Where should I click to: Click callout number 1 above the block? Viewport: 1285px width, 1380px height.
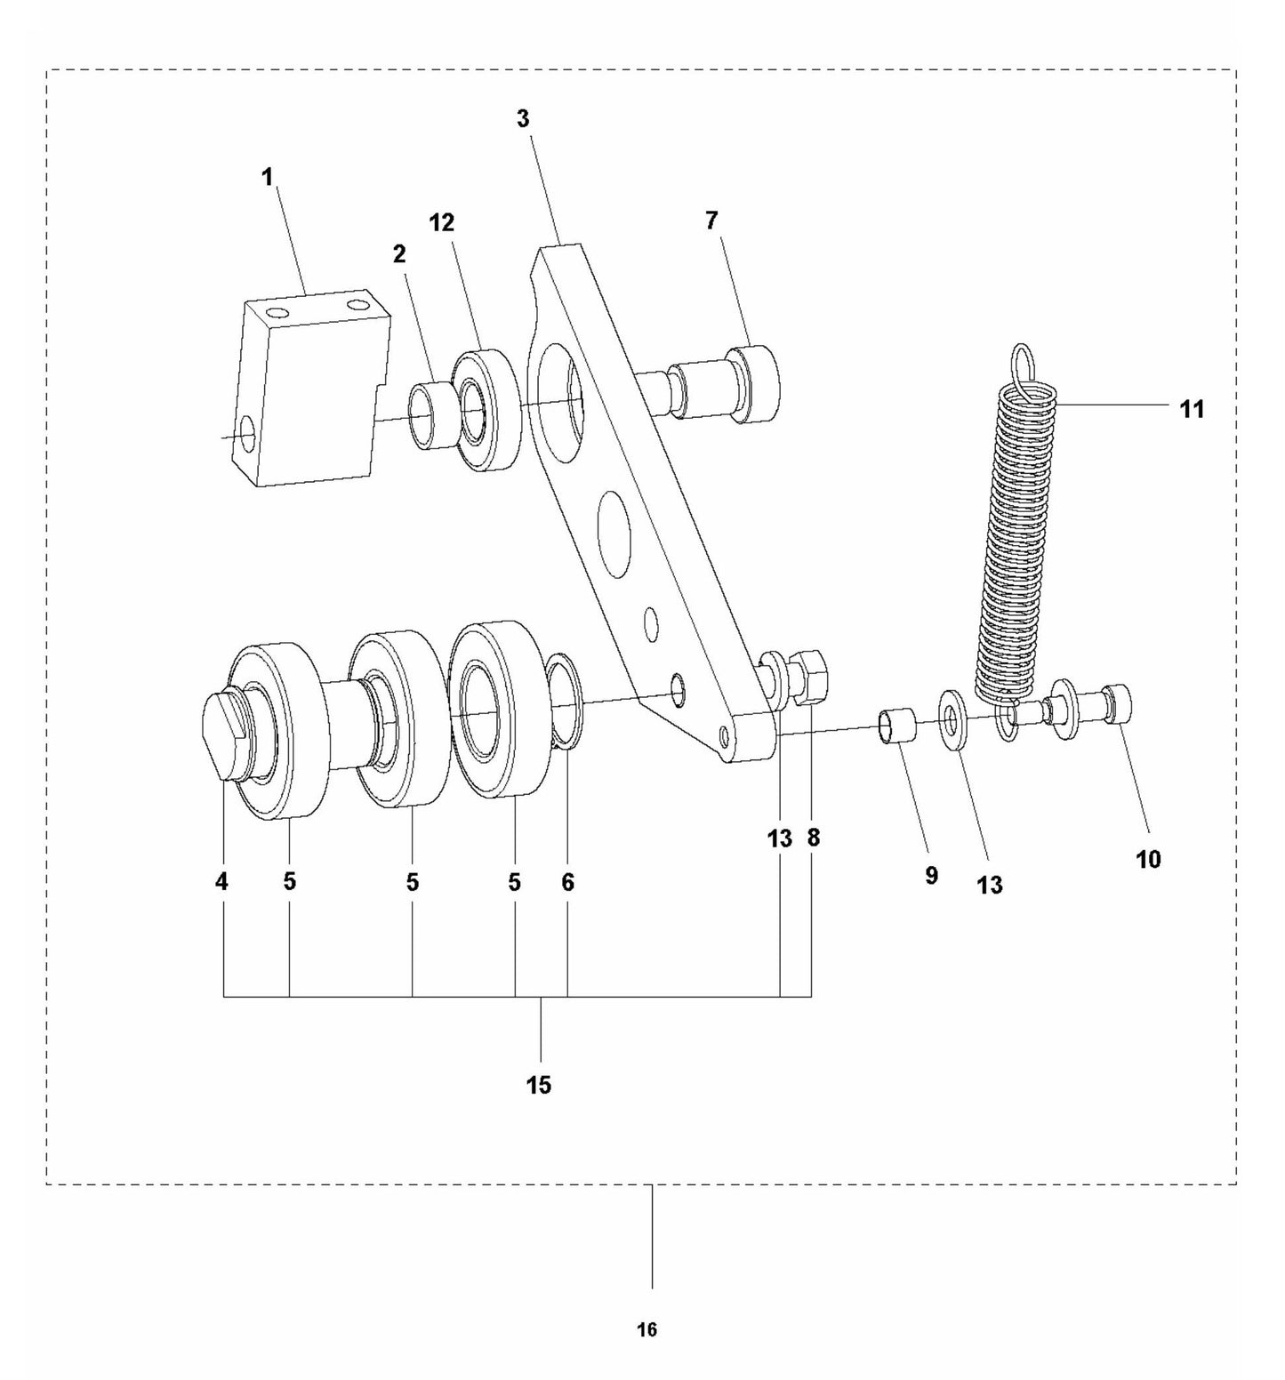tap(267, 177)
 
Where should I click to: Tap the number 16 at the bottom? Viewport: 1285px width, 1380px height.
tap(647, 1330)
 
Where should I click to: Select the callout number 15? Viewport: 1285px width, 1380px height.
tap(539, 1085)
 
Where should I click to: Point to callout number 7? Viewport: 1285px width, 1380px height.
tap(711, 221)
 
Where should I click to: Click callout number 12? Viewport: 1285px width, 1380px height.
tap(442, 222)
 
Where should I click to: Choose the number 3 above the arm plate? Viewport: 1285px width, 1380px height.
tap(523, 118)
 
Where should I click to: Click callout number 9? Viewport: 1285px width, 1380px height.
tap(931, 876)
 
